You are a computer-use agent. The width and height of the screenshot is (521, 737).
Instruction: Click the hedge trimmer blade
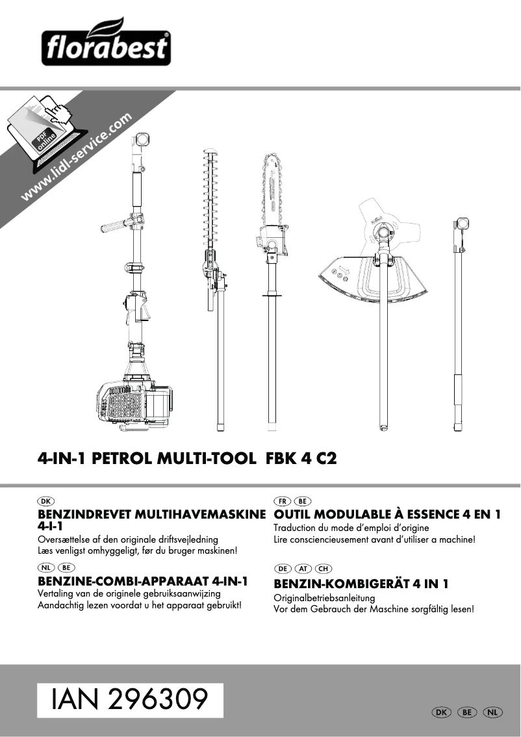[211, 195]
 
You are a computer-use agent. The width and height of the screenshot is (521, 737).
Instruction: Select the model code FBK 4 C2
[301, 458]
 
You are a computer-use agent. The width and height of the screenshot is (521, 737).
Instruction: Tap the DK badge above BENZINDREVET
[45, 501]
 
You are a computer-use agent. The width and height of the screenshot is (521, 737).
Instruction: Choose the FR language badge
[283, 501]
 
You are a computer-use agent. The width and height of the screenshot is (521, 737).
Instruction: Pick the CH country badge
[323, 569]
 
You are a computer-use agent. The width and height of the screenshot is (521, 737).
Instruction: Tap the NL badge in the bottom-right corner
[493, 712]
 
